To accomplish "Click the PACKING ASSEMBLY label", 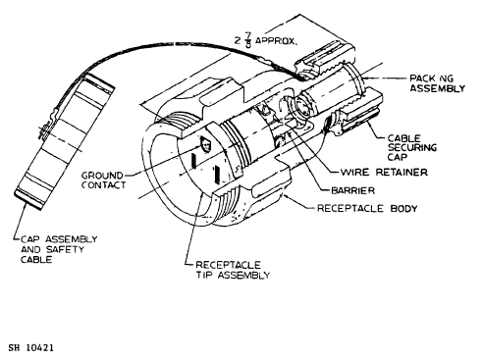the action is point(438,83).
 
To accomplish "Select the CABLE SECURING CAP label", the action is point(412,148).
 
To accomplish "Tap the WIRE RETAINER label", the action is point(384,172).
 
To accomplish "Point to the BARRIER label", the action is point(353,190).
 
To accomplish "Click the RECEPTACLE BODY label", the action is point(367,208).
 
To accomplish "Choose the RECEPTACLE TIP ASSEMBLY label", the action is point(233,270).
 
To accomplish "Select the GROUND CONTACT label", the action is point(103,180).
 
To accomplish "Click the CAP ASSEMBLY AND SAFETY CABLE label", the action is point(59,249).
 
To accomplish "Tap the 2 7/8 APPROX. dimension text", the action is point(266,40).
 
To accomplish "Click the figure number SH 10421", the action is point(31,347).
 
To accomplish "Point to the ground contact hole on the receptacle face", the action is point(206,144).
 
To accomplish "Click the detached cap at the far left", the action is point(65,141).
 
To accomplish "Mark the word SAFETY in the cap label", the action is point(65,249).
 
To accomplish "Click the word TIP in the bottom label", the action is point(205,275).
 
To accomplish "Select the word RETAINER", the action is point(402,172).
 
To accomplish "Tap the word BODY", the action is point(403,208).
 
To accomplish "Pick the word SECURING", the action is point(412,148).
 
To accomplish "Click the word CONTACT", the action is point(103,185).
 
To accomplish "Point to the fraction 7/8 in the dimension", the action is point(248,40).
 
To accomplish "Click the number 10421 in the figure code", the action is point(39,347).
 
